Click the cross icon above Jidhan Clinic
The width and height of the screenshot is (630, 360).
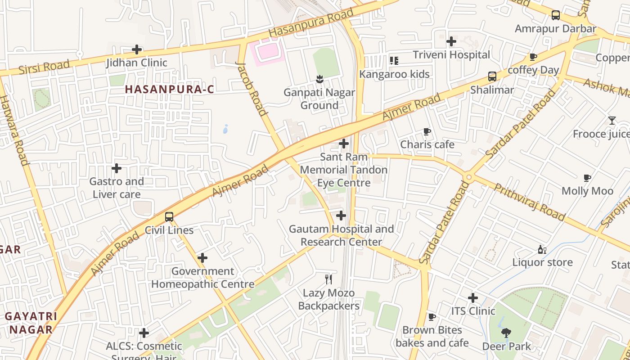(137, 49)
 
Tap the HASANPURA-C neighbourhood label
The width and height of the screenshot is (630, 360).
(169, 89)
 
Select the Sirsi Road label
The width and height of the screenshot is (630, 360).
(44, 67)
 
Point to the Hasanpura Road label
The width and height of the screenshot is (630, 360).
(311, 23)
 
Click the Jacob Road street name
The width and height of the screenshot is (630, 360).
(252, 89)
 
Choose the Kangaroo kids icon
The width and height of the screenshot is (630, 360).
(394, 61)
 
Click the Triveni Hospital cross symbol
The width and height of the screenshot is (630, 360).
(451, 42)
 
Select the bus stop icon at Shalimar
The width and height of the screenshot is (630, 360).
(492, 76)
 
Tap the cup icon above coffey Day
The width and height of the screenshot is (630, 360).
(533, 57)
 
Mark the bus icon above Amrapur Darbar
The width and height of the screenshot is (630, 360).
(556, 15)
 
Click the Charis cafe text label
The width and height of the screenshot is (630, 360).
(427, 144)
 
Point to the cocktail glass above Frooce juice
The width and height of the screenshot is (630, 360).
(612, 121)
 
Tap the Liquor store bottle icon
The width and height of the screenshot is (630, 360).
(542, 249)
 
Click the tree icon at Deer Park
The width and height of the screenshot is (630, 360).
(506, 333)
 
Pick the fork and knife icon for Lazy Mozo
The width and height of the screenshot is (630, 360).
(328, 279)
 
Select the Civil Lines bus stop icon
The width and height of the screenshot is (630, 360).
(169, 217)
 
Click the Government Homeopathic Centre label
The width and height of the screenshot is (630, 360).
(202, 278)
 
